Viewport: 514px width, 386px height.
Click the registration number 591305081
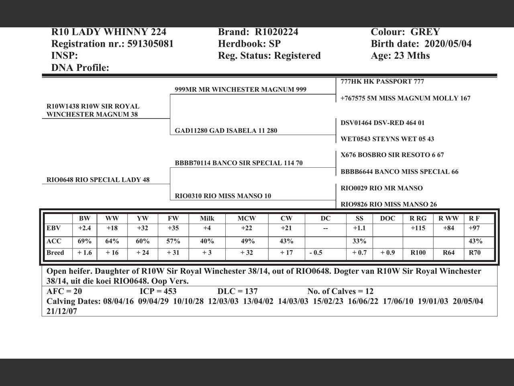click(x=150, y=44)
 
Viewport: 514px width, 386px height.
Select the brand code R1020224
click(x=276, y=32)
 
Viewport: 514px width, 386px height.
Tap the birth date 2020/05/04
click(x=448, y=44)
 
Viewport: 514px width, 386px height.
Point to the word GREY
click(x=425, y=32)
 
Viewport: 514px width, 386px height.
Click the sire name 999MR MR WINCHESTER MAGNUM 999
click(x=241, y=90)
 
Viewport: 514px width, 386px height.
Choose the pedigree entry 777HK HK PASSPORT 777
click(x=382, y=82)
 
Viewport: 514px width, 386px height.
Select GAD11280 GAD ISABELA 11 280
click(x=226, y=131)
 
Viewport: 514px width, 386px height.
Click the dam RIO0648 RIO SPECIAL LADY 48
click(x=98, y=180)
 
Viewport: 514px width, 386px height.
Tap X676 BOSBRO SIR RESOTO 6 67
click(x=392, y=155)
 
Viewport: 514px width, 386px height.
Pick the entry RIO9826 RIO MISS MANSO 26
click(x=389, y=204)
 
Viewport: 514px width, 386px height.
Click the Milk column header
click(x=207, y=219)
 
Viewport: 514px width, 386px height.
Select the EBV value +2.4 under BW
click(x=84, y=228)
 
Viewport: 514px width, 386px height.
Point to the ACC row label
click(x=54, y=241)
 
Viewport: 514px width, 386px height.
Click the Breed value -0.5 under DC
click(x=316, y=253)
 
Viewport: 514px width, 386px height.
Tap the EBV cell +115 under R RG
click(x=418, y=228)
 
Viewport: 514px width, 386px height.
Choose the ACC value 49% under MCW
click(x=247, y=241)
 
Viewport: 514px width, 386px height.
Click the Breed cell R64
click(x=448, y=253)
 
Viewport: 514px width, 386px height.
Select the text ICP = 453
click(x=158, y=292)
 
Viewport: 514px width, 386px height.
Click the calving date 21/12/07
click(x=62, y=311)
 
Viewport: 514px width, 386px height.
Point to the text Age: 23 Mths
click(x=400, y=55)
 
